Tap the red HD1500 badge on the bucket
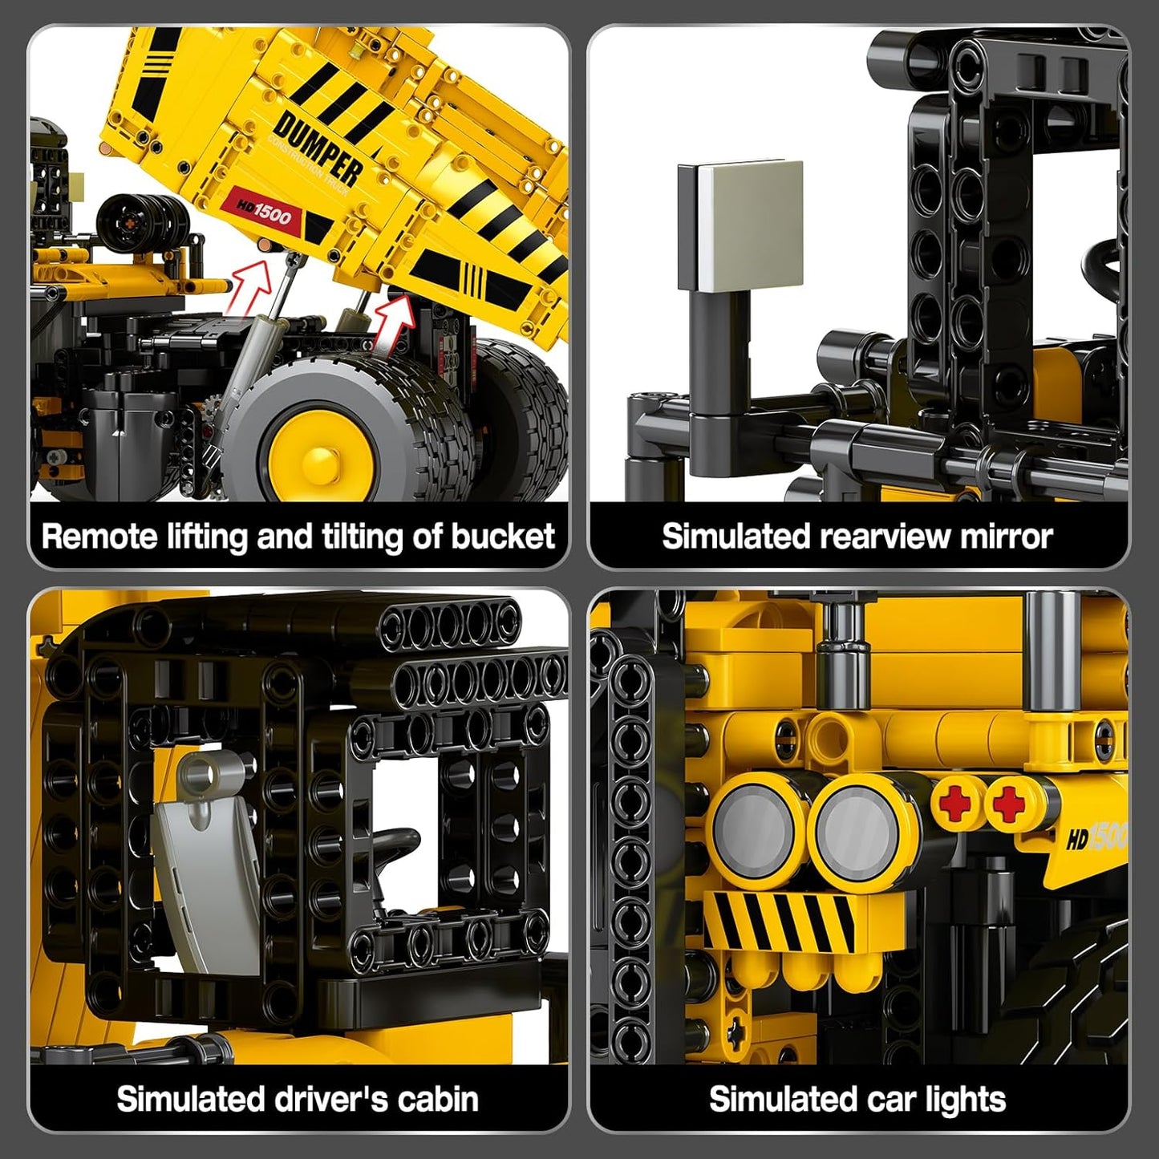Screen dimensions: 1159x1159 click(264, 213)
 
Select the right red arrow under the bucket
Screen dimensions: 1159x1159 click(395, 321)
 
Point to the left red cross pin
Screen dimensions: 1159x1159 click(957, 802)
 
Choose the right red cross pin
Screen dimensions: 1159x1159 click(1009, 803)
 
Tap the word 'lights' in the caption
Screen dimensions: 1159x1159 click(965, 1100)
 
